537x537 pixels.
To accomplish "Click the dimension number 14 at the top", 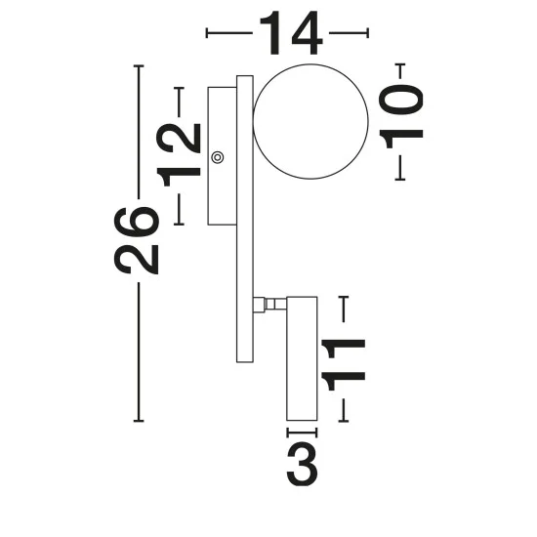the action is click(291, 33).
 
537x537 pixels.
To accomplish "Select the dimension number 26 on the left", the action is click(137, 240).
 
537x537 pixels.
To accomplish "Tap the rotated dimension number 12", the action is click(178, 155).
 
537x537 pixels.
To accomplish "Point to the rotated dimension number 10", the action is click(401, 116).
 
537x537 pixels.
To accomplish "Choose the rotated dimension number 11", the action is click(344, 365).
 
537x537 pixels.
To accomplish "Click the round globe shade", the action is click(310, 122).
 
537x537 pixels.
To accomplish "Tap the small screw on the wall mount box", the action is click(218, 157).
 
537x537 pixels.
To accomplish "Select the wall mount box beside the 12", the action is click(223, 156).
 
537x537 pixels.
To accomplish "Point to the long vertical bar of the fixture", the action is click(245, 219).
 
